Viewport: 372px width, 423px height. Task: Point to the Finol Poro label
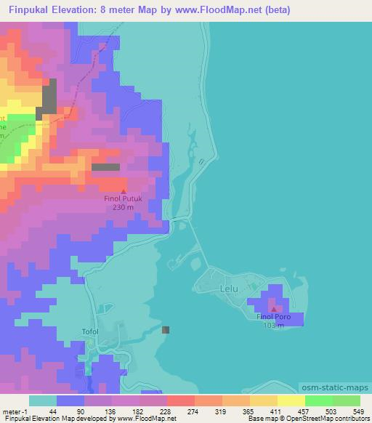(x=274, y=318)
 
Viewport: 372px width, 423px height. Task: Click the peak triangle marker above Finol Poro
(x=274, y=310)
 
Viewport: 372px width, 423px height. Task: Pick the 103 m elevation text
(x=274, y=326)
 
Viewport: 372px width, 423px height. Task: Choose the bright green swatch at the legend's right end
(x=347, y=400)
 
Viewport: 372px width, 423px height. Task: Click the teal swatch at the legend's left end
(x=43, y=400)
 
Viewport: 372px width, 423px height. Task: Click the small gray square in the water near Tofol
(x=166, y=329)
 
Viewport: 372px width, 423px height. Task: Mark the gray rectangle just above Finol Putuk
(x=106, y=167)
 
